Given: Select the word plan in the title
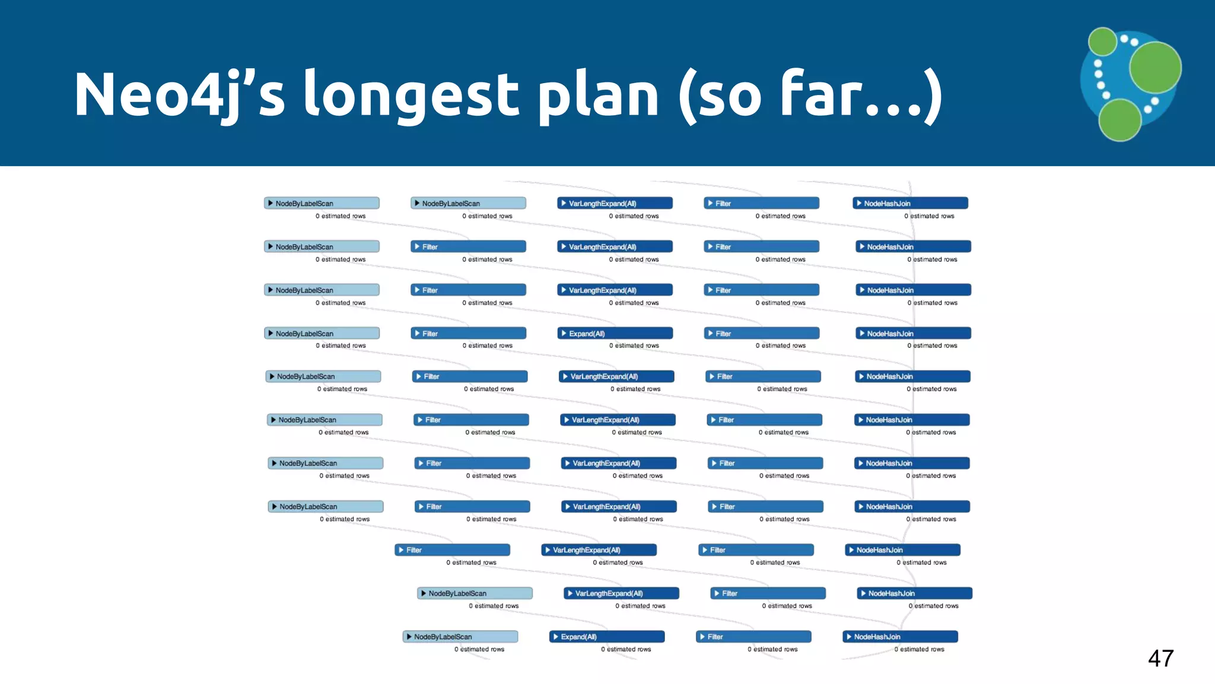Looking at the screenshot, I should pos(599,95).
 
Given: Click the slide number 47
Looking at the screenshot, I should pos(1160,658).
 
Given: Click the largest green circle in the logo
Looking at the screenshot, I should pos(1155,68).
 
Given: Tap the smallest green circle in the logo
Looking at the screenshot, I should pos(1103,42).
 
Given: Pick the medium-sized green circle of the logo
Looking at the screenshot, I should pos(1119,119).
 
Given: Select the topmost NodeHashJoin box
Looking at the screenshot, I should pos(910,203).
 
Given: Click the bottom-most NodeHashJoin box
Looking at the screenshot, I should pos(900,636).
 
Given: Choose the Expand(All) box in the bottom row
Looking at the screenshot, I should pos(606,636).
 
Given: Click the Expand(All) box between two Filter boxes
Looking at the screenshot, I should pos(615,333).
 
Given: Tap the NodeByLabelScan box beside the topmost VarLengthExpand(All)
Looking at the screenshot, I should pos(468,203).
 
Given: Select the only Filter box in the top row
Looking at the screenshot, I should pos(761,203).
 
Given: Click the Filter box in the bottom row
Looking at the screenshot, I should pos(753,636).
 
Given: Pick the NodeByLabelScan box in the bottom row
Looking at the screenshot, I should pos(460,636).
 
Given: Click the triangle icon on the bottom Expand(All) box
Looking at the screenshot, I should pos(556,636).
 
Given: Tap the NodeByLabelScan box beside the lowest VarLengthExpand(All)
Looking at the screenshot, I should pos(475,593).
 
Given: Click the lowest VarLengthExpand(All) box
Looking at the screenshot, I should pos(621,593).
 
